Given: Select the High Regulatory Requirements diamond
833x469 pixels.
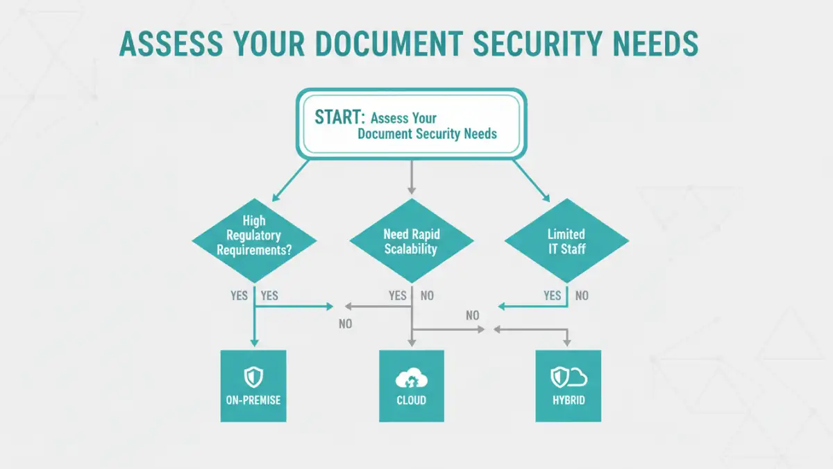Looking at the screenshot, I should (x=254, y=236).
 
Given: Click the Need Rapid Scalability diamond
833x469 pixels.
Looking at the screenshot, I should (x=411, y=240).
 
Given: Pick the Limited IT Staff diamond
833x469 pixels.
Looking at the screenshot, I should (x=566, y=241).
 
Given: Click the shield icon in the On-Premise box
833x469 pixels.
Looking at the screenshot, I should (x=253, y=377).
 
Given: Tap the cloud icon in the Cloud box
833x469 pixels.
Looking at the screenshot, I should (x=411, y=379).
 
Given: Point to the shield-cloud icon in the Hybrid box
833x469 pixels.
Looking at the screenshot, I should (x=569, y=377).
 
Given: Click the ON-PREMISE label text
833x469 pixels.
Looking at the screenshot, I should (x=253, y=401).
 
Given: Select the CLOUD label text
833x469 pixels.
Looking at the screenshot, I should (x=411, y=401).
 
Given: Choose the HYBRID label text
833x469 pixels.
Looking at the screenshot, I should (x=569, y=401).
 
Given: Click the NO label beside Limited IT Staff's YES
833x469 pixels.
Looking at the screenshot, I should (x=582, y=296).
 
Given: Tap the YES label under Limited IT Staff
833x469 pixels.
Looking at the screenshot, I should (x=553, y=296).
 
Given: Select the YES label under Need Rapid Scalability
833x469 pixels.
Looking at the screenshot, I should (x=397, y=296).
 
